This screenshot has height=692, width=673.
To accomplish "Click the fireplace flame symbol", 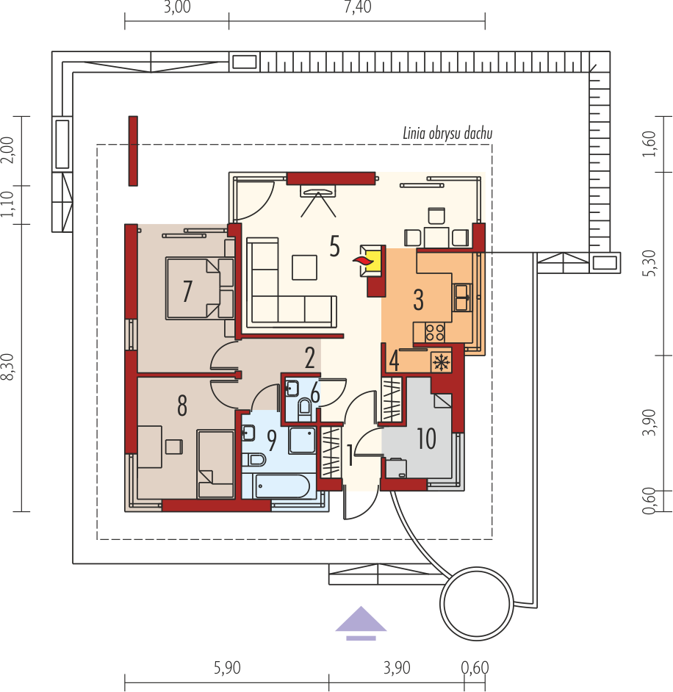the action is pos(362,260).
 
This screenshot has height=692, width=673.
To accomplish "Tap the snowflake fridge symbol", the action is pos(441,362).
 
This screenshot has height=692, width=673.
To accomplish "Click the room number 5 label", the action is pos(334,246).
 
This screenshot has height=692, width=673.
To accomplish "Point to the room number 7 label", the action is pos(187,292).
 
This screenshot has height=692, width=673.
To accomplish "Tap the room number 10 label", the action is pos(426,439).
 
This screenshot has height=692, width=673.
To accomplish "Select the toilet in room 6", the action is pos(304,408).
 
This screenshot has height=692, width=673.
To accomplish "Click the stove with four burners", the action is pos(435,333).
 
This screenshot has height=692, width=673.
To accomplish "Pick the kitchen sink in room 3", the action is pos(462,298).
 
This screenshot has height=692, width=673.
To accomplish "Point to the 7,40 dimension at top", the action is pos(358,7).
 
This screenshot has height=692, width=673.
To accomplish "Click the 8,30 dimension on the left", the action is pos(9,367).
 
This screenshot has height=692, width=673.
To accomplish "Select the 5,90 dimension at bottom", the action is pos(227,668).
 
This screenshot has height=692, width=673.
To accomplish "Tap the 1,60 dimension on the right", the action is pos(649,143).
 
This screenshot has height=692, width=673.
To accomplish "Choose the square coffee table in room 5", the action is pos(304,267).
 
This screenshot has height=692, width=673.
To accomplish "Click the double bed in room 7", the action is pos(200,289).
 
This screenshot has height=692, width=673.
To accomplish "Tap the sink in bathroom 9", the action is pos(248,433).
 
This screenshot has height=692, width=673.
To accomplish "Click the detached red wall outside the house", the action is pos(133,151).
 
